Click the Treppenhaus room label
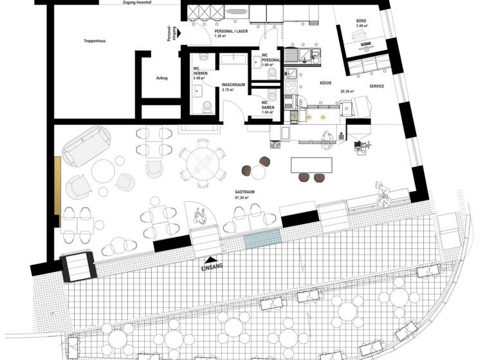tap(94, 40)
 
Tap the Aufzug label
tap(161, 78)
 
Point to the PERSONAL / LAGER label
tap(230, 31)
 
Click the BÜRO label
tap(361, 21)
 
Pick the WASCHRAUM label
tap(233, 84)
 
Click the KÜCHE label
tap(325, 84)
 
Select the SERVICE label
tap(377, 85)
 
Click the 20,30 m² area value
tap(347, 91)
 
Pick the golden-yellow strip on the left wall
tap(57, 187)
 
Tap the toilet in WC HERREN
tap(206, 106)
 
